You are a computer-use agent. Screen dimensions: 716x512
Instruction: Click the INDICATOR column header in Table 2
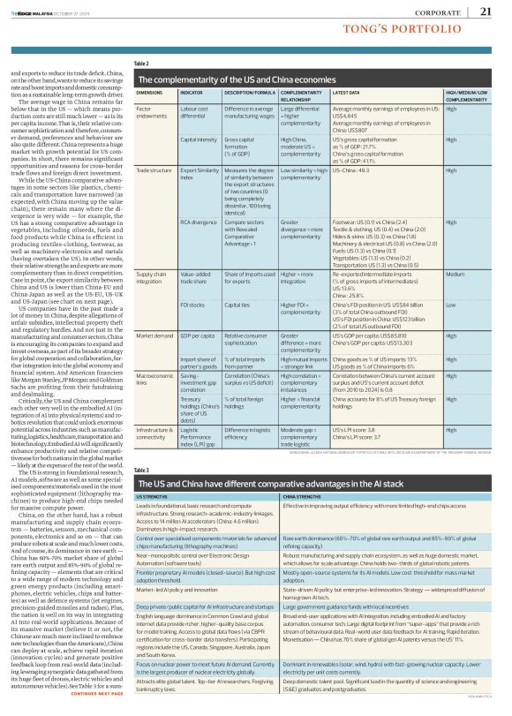click(192, 93)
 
